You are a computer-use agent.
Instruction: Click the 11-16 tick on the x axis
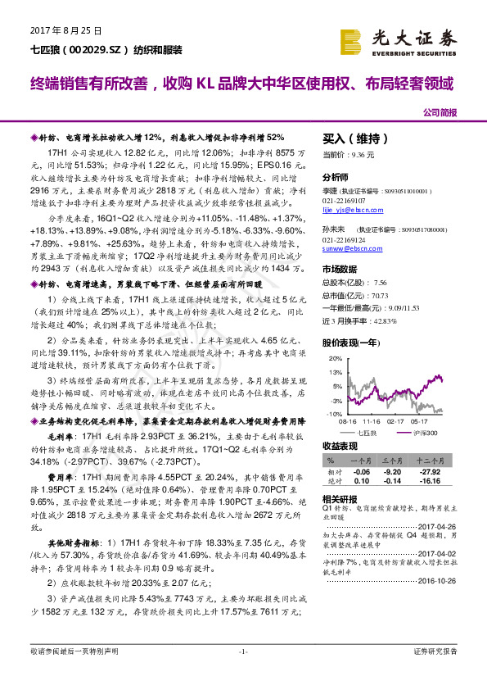pos(364,420)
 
